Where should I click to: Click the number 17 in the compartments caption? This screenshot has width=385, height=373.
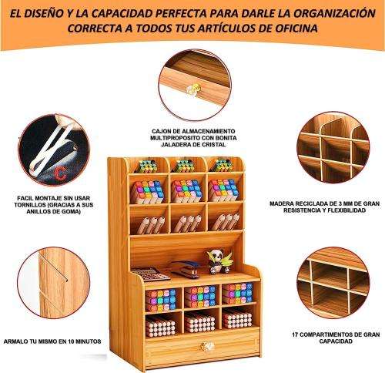pos(296,334)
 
